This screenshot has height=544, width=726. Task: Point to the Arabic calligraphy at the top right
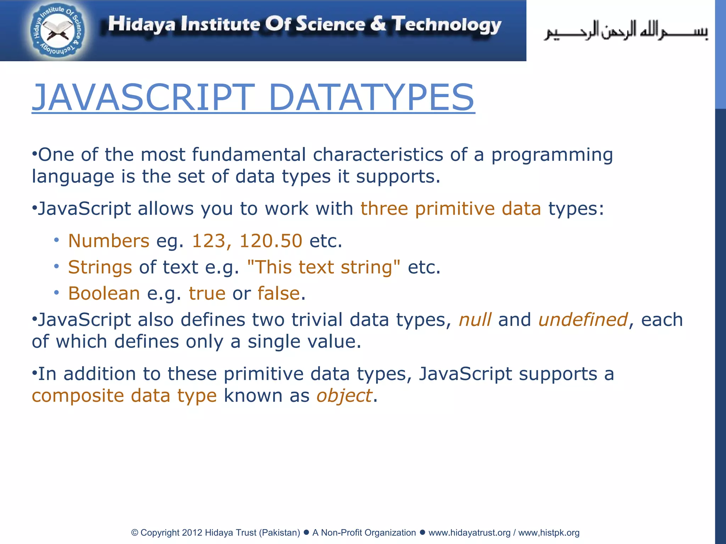(x=626, y=31)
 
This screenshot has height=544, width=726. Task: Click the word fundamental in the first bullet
(x=248, y=155)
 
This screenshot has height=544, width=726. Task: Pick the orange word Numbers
(x=108, y=241)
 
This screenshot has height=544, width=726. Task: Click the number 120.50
(x=271, y=241)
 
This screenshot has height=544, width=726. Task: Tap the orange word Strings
(x=100, y=267)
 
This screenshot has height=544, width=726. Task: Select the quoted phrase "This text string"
(x=324, y=267)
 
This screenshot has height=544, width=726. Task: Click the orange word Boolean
(x=104, y=293)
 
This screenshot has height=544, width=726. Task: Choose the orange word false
(x=279, y=293)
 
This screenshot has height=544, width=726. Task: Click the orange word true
(x=207, y=293)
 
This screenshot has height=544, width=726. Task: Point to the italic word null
(x=475, y=319)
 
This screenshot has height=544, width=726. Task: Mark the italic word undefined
(x=583, y=319)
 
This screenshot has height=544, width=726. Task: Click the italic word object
(x=344, y=396)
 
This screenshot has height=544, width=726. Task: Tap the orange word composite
(x=78, y=396)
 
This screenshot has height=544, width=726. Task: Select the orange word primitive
(x=454, y=209)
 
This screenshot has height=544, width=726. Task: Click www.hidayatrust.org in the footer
(x=469, y=533)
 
